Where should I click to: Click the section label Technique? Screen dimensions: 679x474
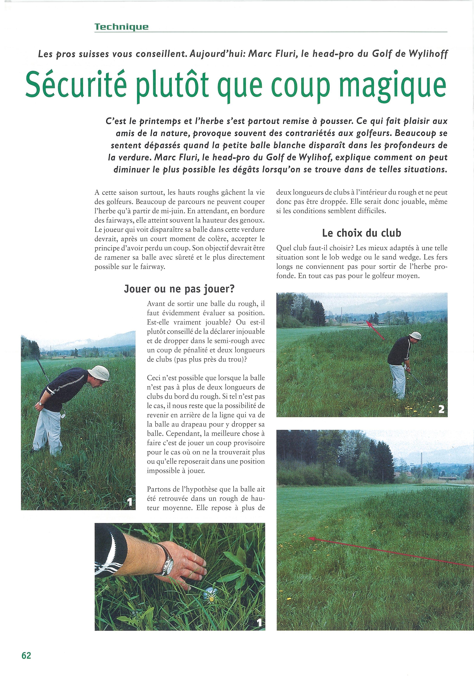click(x=121, y=27)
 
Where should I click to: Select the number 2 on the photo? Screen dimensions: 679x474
click(x=441, y=409)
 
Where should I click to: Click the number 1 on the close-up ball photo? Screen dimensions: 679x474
click(x=259, y=622)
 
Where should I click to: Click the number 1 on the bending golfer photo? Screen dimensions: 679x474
click(x=129, y=502)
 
